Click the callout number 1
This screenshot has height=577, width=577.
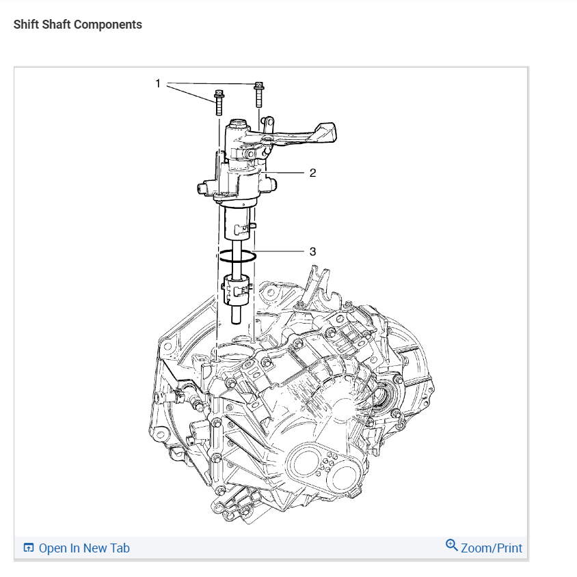158,83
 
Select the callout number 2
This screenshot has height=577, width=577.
312,173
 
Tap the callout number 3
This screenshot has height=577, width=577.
312,251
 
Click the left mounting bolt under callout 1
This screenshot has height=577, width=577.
218,102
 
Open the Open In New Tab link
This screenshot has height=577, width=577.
84,548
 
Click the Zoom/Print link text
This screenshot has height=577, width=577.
491,548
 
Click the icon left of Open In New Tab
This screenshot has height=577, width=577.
29,548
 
